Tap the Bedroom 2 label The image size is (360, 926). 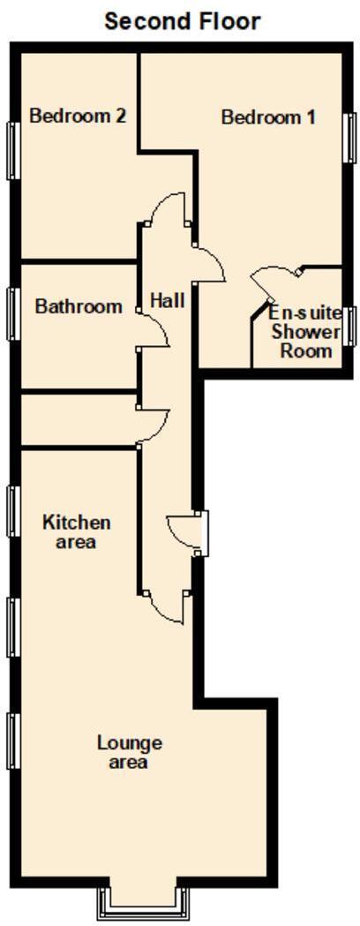[77, 116]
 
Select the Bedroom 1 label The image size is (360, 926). [267, 117]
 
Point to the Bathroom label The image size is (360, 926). [79, 306]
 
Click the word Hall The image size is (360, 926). [167, 300]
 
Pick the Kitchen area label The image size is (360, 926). [76, 531]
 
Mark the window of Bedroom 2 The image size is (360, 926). [12, 150]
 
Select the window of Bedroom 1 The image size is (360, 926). [349, 137]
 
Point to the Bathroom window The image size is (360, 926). [12, 313]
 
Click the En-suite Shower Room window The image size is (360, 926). [349, 326]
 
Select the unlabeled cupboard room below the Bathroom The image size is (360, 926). [78, 420]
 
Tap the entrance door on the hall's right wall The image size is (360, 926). [188, 532]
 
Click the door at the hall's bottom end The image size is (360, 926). [166, 606]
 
